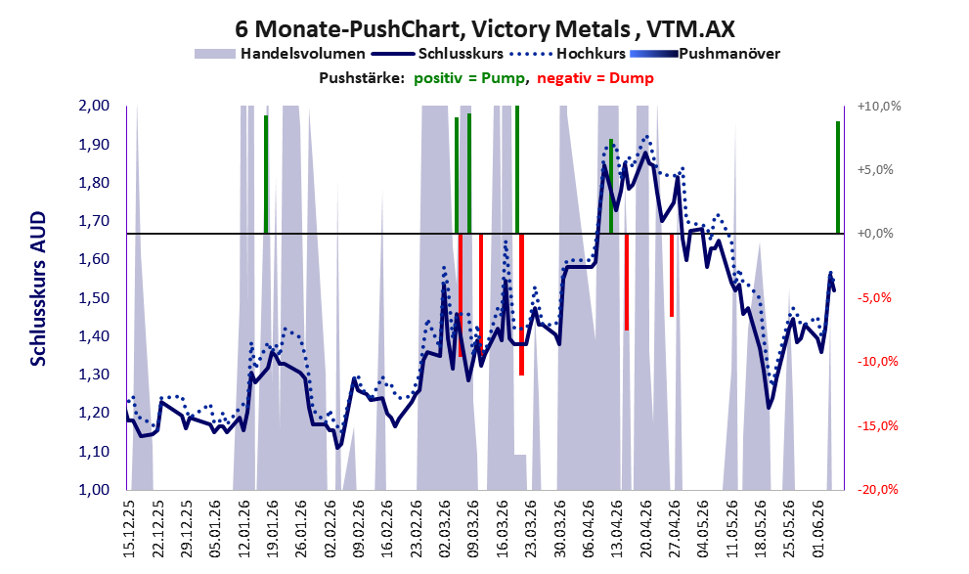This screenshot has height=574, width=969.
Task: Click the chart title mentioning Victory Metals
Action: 485,28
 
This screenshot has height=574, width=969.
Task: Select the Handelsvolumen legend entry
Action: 280,54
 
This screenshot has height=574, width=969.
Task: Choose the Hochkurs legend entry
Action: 568,54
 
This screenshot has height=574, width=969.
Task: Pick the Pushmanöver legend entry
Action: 705,54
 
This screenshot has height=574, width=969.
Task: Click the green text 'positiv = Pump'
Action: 469,78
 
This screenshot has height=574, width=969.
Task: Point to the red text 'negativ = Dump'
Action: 595,78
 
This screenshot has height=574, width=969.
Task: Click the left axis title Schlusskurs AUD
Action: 38,288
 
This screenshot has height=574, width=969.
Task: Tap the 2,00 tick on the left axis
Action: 95,106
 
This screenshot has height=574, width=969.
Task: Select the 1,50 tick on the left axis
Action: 95,298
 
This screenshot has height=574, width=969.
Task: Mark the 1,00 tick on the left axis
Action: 95,489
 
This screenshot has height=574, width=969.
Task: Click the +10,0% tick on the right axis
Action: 879,107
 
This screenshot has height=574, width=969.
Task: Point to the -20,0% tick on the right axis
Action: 878,489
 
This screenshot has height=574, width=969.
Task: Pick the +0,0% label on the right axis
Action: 876,234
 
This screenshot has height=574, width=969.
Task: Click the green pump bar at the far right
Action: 838,177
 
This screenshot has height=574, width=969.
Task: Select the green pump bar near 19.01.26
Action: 266,174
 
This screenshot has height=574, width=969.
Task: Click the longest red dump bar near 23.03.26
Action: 521,305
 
